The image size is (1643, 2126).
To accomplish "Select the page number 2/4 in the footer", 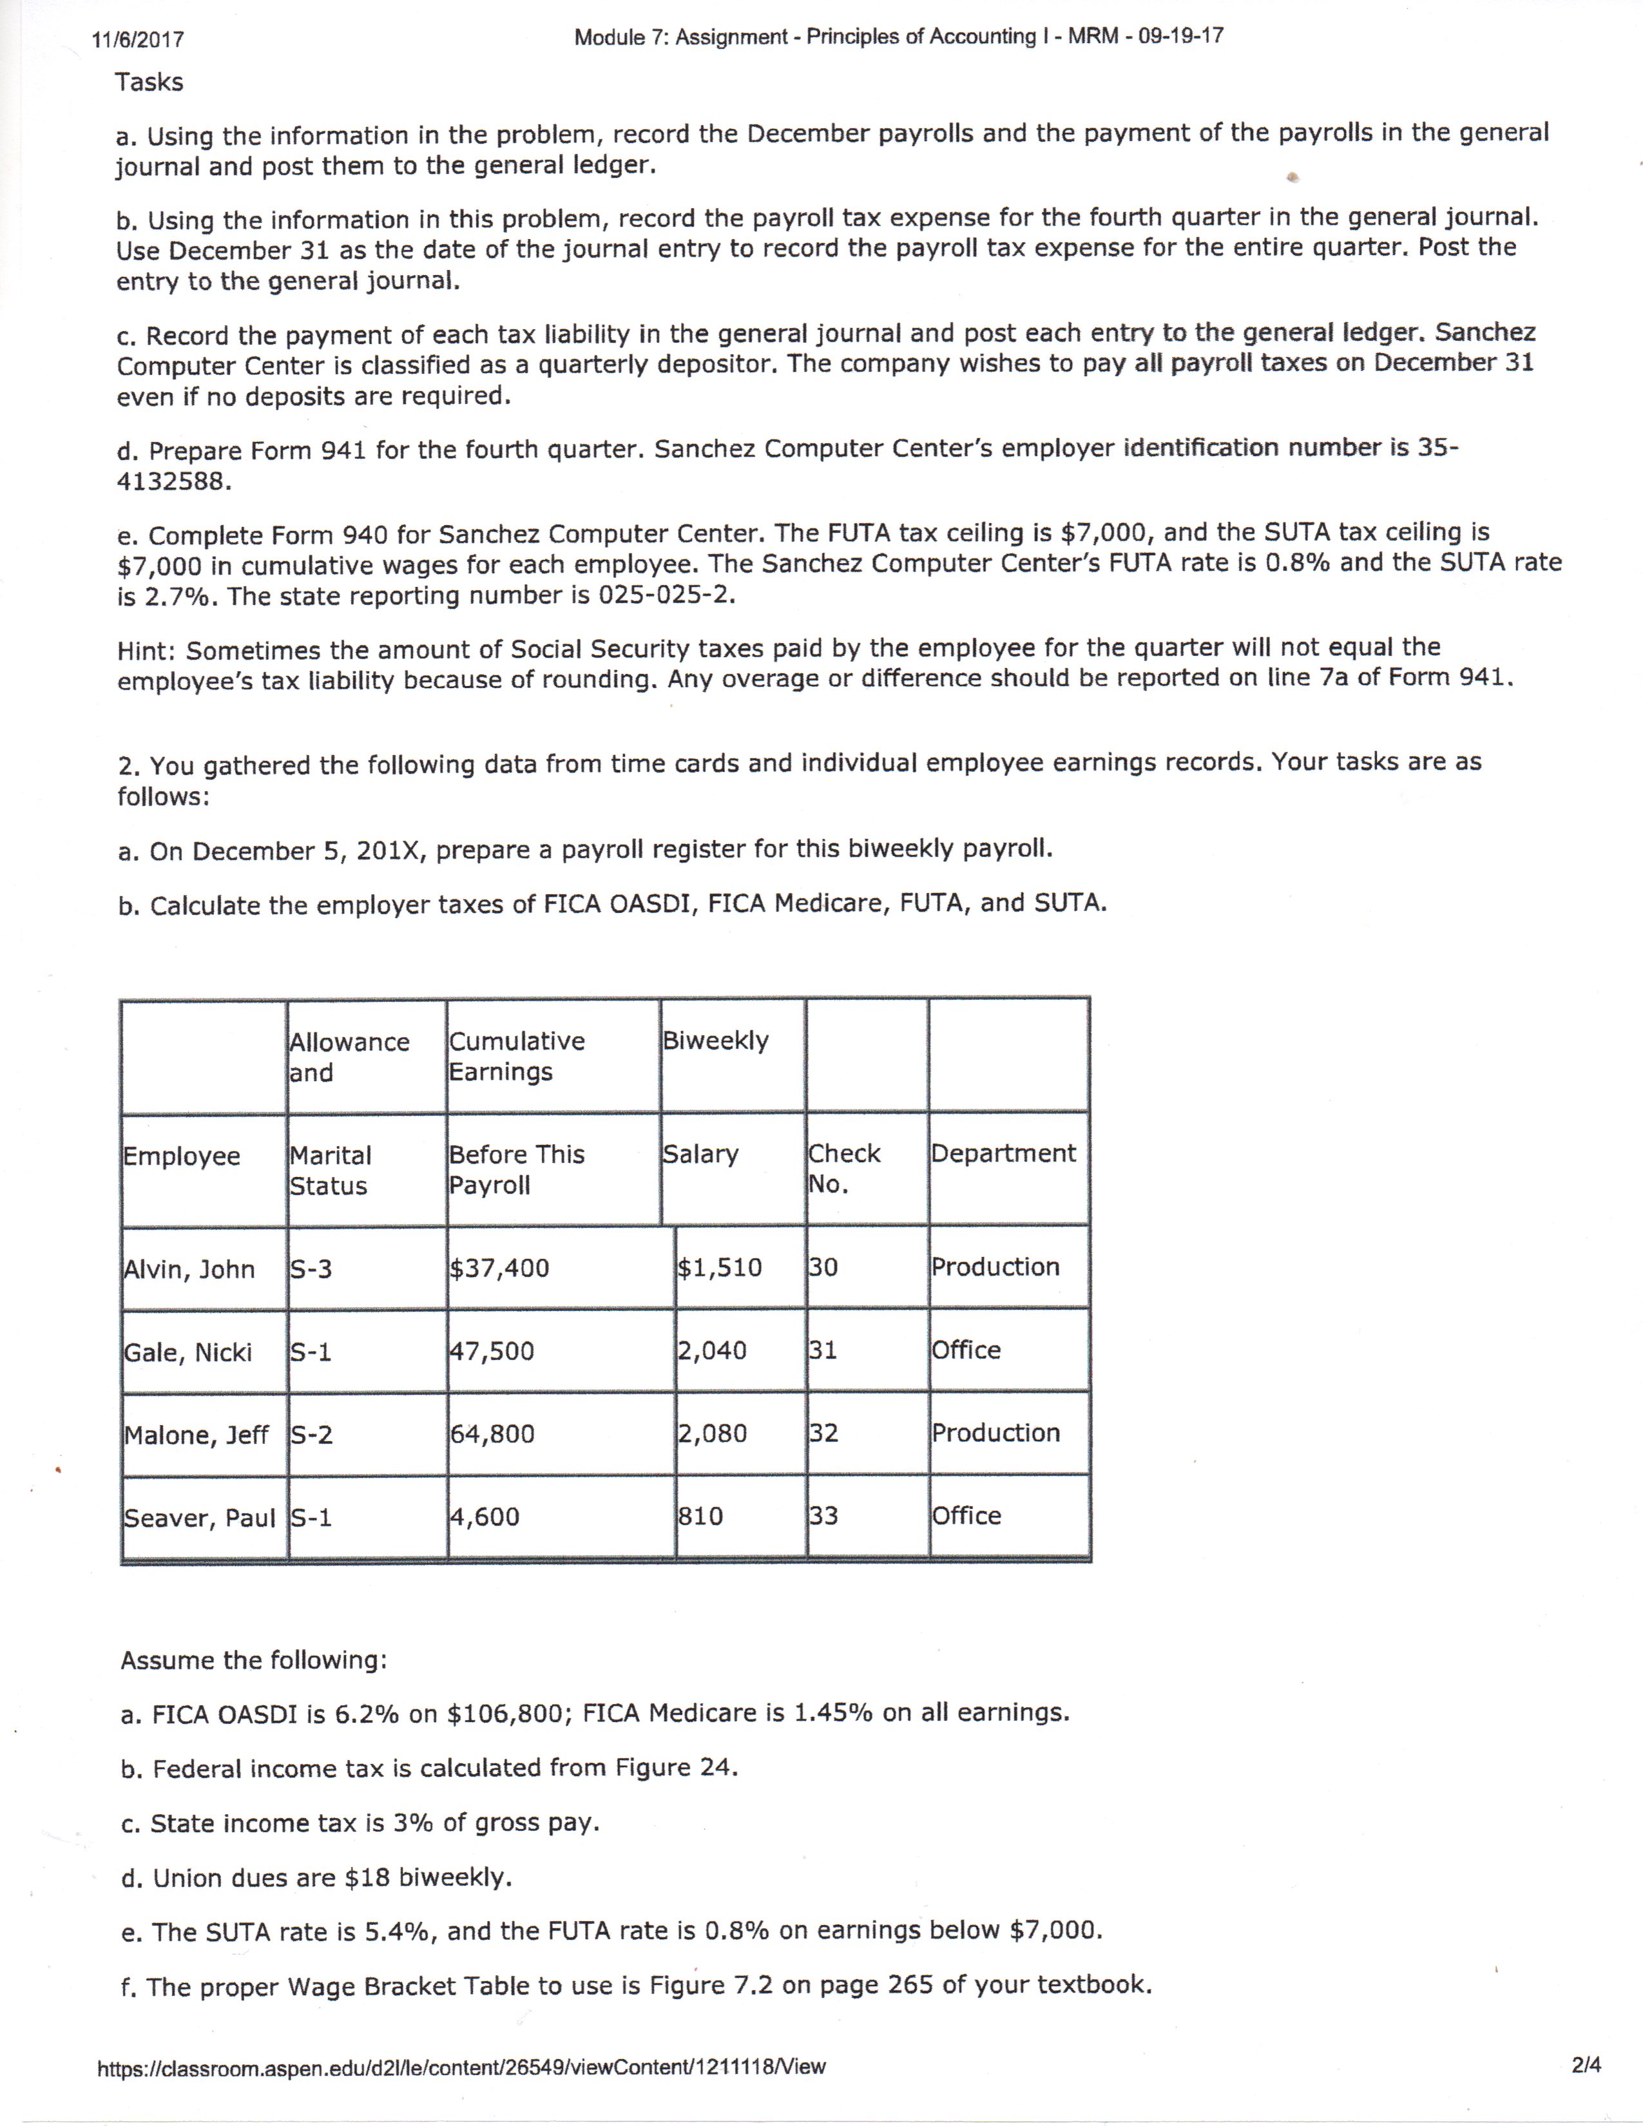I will pyautogui.click(x=1586, y=2064).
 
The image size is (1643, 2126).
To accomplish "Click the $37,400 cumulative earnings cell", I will pyautogui.click(x=499, y=1267).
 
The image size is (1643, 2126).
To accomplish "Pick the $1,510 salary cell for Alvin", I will pyautogui.click(x=719, y=1267).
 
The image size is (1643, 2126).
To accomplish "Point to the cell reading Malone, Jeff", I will pyautogui.click(x=196, y=1435).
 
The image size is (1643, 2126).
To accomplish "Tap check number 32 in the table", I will pyautogui.click(x=823, y=1433).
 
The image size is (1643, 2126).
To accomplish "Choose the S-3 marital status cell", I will pyautogui.click(x=311, y=1269).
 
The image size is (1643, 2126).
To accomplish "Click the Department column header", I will pyautogui.click(x=1003, y=1154).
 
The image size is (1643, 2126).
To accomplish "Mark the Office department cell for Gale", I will pyautogui.click(x=966, y=1350).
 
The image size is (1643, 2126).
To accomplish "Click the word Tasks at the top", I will pyautogui.click(x=149, y=82).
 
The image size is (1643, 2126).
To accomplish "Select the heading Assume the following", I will pyautogui.click(x=253, y=1660).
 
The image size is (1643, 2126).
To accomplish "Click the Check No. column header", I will pyautogui.click(x=843, y=1168).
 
